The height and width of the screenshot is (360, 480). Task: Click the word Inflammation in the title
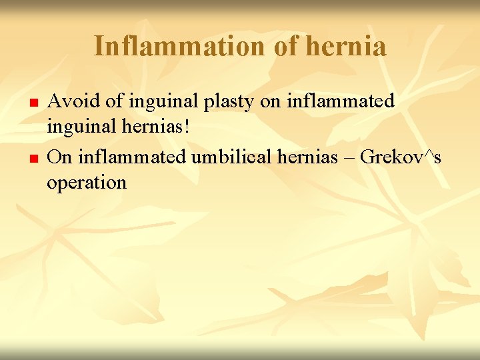(x=179, y=47)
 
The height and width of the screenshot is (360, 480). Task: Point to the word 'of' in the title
(x=285, y=47)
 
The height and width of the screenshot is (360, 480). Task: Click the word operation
(x=86, y=183)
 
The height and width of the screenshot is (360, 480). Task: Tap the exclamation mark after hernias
(x=187, y=127)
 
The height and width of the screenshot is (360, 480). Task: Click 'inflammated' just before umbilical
(x=133, y=157)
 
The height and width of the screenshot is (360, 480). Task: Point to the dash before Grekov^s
(x=351, y=158)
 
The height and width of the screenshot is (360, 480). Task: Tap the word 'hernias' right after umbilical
(x=311, y=157)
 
